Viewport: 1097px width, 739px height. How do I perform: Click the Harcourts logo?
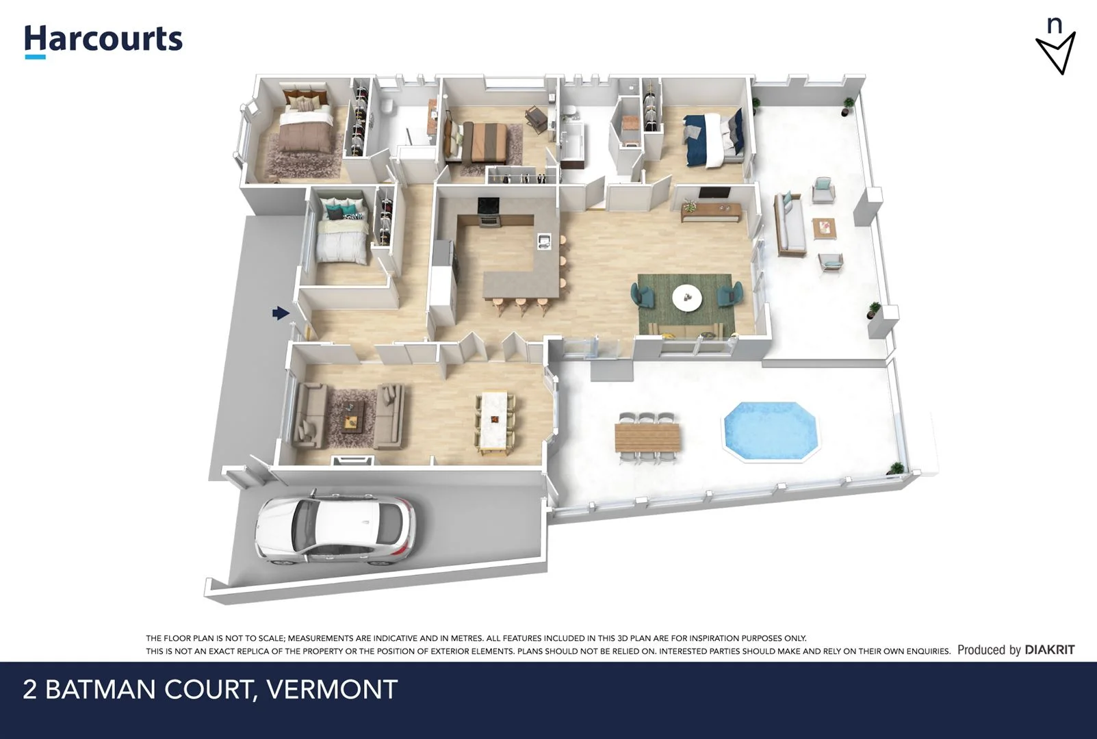click(x=103, y=40)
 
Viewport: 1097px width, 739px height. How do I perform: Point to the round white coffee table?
click(x=686, y=297)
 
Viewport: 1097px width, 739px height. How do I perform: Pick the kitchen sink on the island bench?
click(x=545, y=240)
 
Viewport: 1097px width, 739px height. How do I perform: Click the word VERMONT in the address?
click(x=332, y=689)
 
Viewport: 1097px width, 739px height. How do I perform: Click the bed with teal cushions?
click(x=342, y=233)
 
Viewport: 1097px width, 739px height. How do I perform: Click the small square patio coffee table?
click(x=825, y=228)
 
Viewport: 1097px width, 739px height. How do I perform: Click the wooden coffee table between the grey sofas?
click(x=351, y=417)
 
